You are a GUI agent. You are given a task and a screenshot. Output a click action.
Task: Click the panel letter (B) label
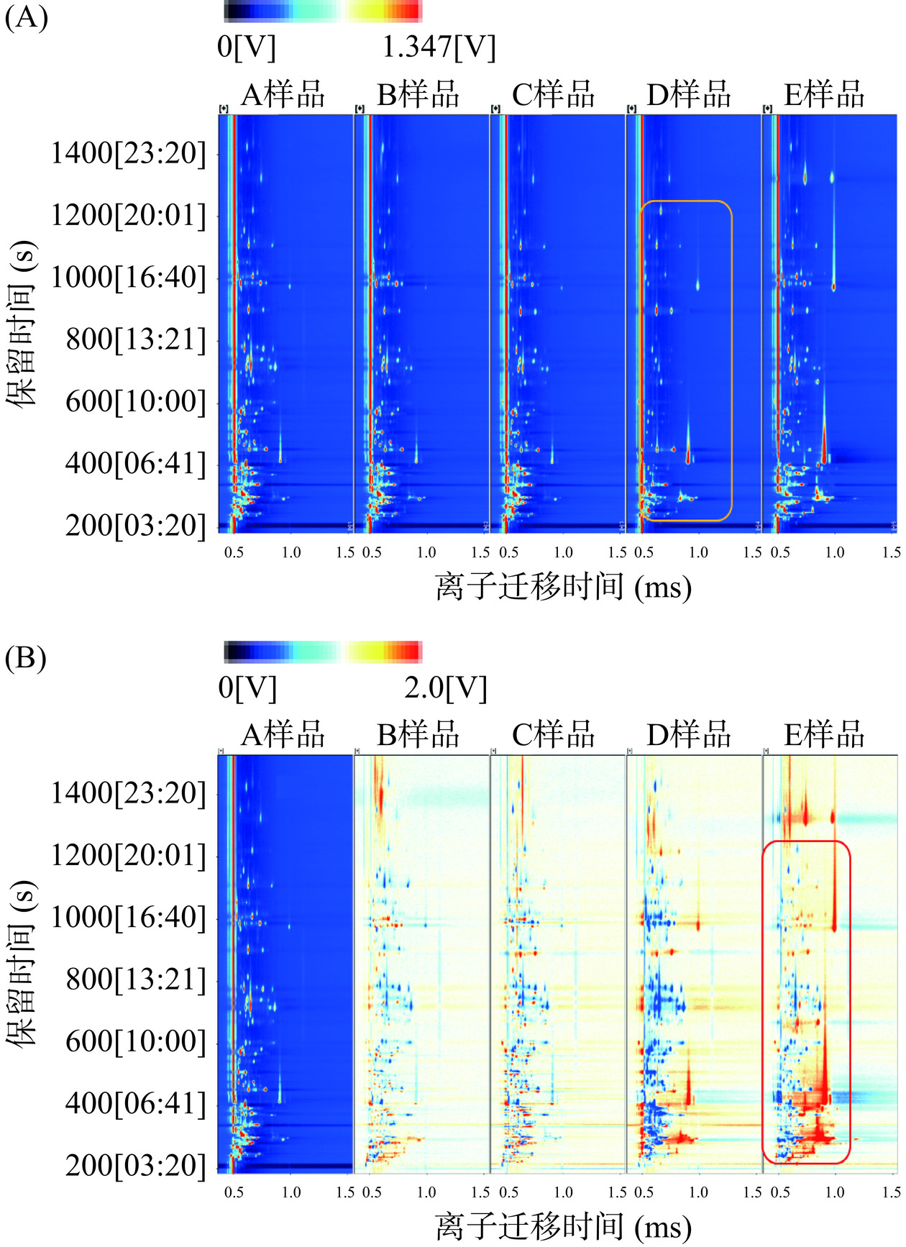click(x=26, y=657)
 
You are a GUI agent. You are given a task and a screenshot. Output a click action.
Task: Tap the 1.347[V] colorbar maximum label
click(x=438, y=47)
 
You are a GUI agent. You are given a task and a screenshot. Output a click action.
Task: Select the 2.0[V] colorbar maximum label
click(x=445, y=688)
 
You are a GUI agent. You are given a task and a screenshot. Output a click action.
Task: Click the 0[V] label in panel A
click(x=246, y=47)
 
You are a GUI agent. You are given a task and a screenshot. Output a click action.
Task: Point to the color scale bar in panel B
click(x=322, y=652)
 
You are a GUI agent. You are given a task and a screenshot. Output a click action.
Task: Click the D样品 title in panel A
click(x=688, y=95)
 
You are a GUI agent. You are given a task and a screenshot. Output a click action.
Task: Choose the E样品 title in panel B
click(x=823, y=735)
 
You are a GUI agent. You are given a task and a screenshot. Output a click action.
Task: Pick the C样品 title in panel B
click(x=553, y=735)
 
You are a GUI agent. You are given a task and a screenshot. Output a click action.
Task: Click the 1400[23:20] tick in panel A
click(x=128, y=153)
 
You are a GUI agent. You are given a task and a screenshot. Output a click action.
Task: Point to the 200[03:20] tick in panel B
click(x=135, y=1164)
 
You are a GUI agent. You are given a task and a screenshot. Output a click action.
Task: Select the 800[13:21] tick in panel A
click(x=135, y=339)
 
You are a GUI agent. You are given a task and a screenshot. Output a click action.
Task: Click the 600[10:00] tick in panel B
click(x=135, y=1041)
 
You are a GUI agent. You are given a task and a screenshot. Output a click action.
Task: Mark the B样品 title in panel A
click(x=417, y=95)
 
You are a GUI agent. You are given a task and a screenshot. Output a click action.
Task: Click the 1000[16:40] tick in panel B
click(x=128, y=917)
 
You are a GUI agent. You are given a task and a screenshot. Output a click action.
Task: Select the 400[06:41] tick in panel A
click(x=135, y=463)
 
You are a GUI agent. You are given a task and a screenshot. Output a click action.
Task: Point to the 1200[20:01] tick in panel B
click(x=128, y=855)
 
